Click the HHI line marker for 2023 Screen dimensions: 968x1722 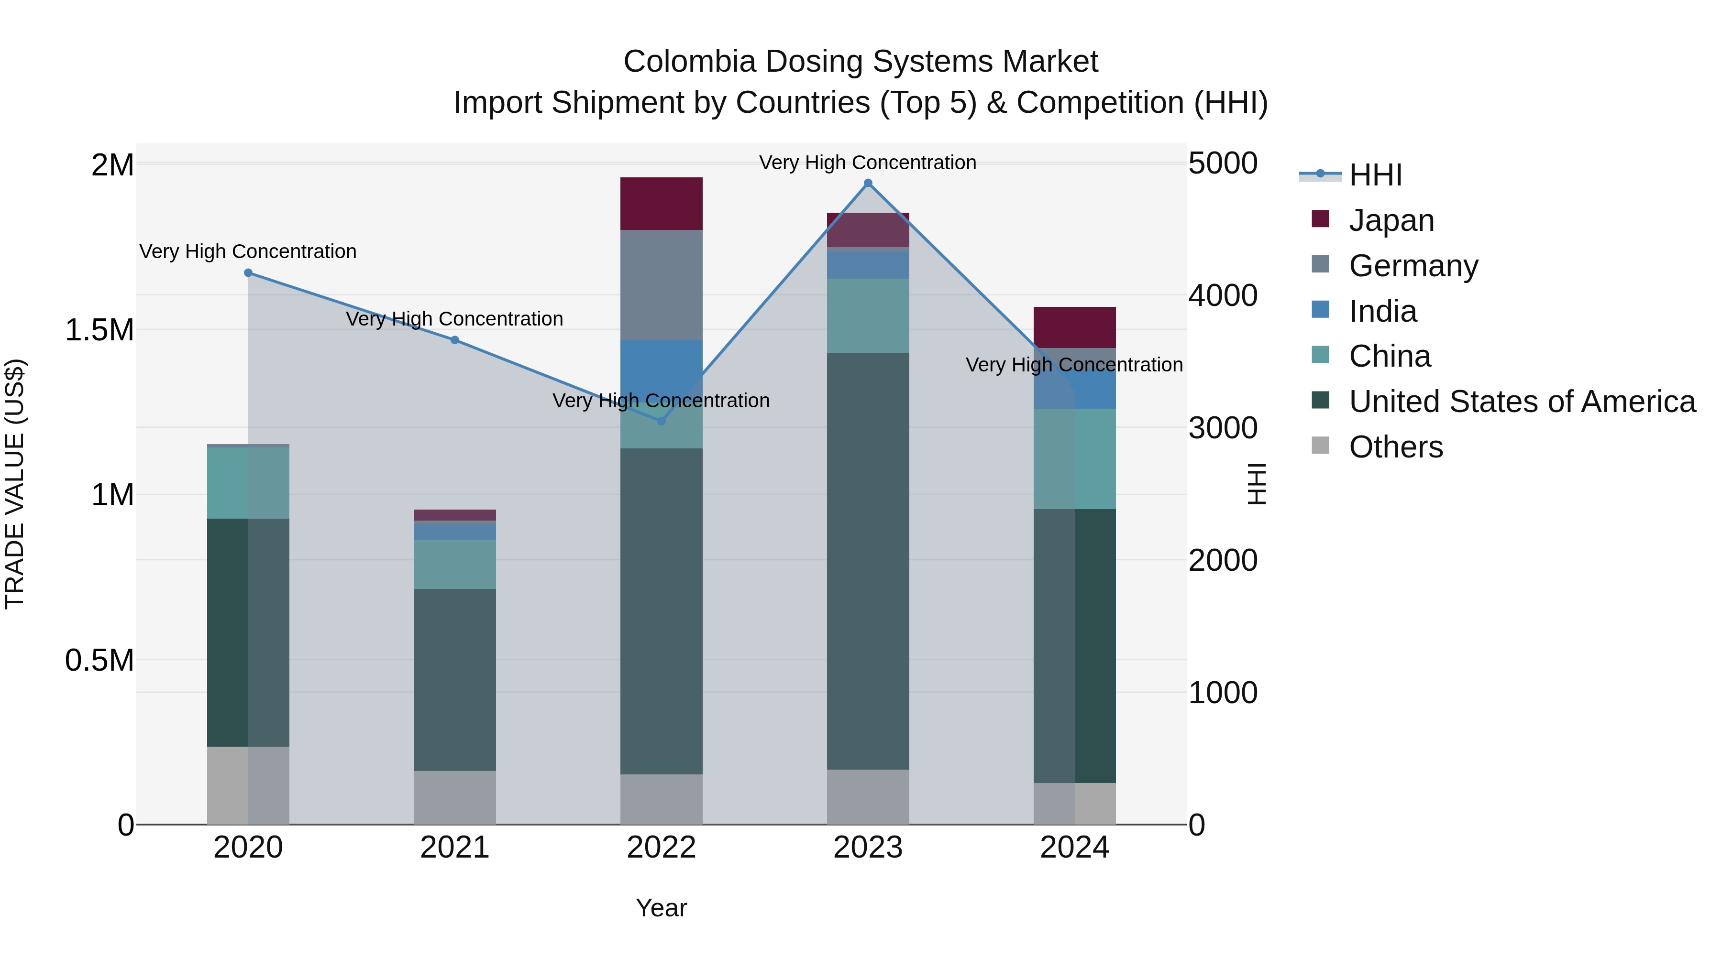(868, 183)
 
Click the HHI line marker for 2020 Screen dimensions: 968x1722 (248, 272)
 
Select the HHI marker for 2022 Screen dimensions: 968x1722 (661, 421)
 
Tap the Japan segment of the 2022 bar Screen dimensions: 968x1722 (661, 204)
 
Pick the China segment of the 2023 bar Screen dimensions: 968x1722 (868, 316)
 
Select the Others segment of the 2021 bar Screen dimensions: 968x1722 (454, 798)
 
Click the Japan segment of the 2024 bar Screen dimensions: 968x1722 (1074, 327)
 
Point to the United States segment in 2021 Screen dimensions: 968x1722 (454, 680)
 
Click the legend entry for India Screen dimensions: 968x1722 (1382, 311)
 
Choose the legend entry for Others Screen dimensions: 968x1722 (1395, 447)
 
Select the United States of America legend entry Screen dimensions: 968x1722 (1522, 402)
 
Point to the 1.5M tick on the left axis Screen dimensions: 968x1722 (99, 330)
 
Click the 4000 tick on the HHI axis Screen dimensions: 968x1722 (1223, 295)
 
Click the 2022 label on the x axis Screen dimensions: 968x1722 (661, 848)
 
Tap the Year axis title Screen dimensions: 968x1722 (661, 908)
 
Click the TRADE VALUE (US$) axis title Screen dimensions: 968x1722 (15, 484)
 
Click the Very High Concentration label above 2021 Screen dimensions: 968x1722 (454, 319)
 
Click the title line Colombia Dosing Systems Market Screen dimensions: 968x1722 (861, 62)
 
